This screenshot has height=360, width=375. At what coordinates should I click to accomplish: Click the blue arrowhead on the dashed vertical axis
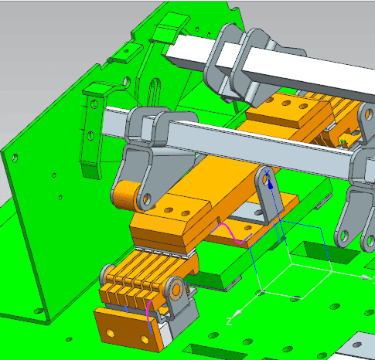pos(271,185)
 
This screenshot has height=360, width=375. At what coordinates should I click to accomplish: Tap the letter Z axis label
pos(229,321)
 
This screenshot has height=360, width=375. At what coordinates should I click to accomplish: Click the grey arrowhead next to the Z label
pos(237,314)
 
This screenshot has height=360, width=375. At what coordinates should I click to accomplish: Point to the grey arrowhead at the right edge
pos(366,277)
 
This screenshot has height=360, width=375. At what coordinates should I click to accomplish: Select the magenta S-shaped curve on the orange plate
pos(230,233)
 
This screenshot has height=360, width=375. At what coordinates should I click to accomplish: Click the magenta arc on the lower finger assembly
pos(148,311)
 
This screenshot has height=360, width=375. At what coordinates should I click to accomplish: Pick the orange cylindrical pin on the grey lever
pos(126,195)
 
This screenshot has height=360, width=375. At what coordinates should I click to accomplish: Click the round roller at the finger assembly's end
pos(176,290)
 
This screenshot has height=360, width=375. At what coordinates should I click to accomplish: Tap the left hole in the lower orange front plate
pos(111,333)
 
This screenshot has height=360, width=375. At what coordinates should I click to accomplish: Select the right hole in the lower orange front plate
pos(145,339)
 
